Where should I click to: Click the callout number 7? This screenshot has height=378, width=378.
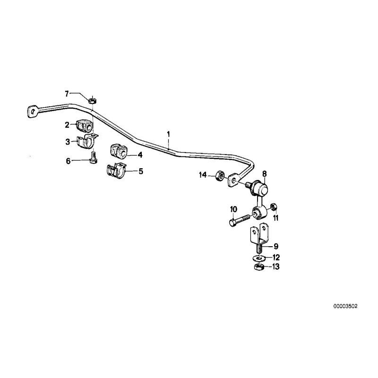pyautogui.click(x=67, y=93)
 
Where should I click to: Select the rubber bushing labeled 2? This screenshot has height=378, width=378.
pyautogui.click(x=84, y=125)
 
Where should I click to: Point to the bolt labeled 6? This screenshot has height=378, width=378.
pyautogui.click(x=93, y=157)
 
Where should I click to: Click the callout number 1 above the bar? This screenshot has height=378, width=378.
pyautogui.click(x=168, y=134)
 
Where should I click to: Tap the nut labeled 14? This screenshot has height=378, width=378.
pyautogui.click(x=219, y=176)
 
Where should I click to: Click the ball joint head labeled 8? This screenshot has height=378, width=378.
pyautogui.click(x=262, y=188)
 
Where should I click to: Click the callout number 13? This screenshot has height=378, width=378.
pyautogui.click(x=275, y=267)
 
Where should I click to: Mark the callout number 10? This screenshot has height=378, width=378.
pyautogui.click(x=233, y=209)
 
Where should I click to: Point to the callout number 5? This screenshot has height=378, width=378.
pyautogui.click(x=140, y=171)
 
